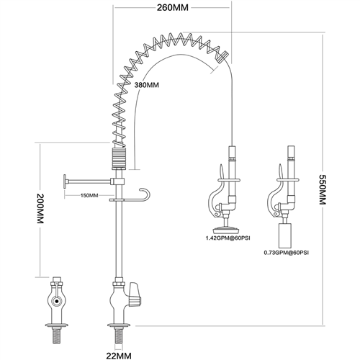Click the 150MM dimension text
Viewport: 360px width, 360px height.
pos(89,195)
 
